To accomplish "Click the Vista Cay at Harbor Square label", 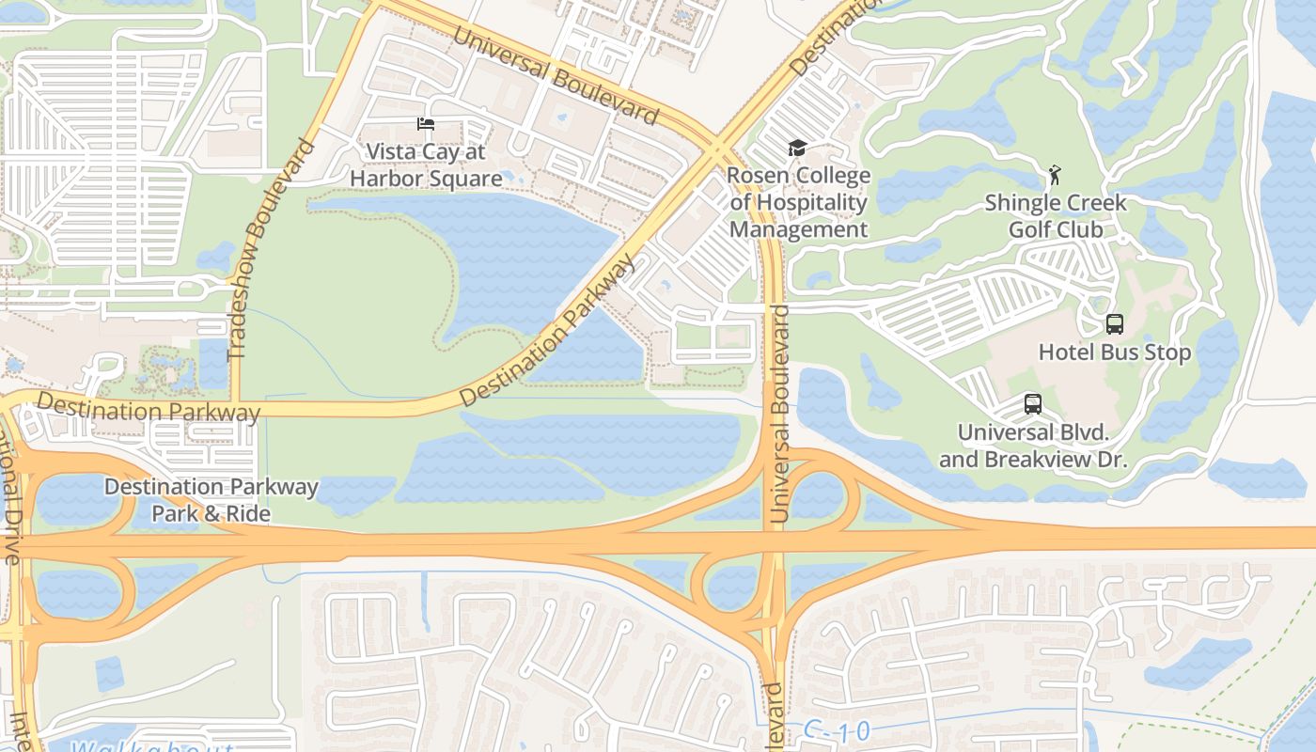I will (425, 164).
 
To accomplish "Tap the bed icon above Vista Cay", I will (426, 124).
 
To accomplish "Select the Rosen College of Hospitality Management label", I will (798, 202).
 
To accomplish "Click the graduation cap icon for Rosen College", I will (797, 148).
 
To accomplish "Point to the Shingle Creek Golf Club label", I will (1055, 216).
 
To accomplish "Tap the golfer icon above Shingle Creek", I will (1055, 175).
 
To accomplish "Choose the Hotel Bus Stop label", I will (1114, 352).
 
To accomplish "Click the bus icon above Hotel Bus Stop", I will (1114, 324).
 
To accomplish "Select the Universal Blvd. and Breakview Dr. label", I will (1033, 446).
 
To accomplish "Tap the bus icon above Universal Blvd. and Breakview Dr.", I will (1033, 404).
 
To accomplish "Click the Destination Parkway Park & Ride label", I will (211, 500).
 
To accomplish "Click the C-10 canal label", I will (838, 730).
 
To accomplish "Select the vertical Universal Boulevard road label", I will (778, 414).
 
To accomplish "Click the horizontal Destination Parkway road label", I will (149, 408).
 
